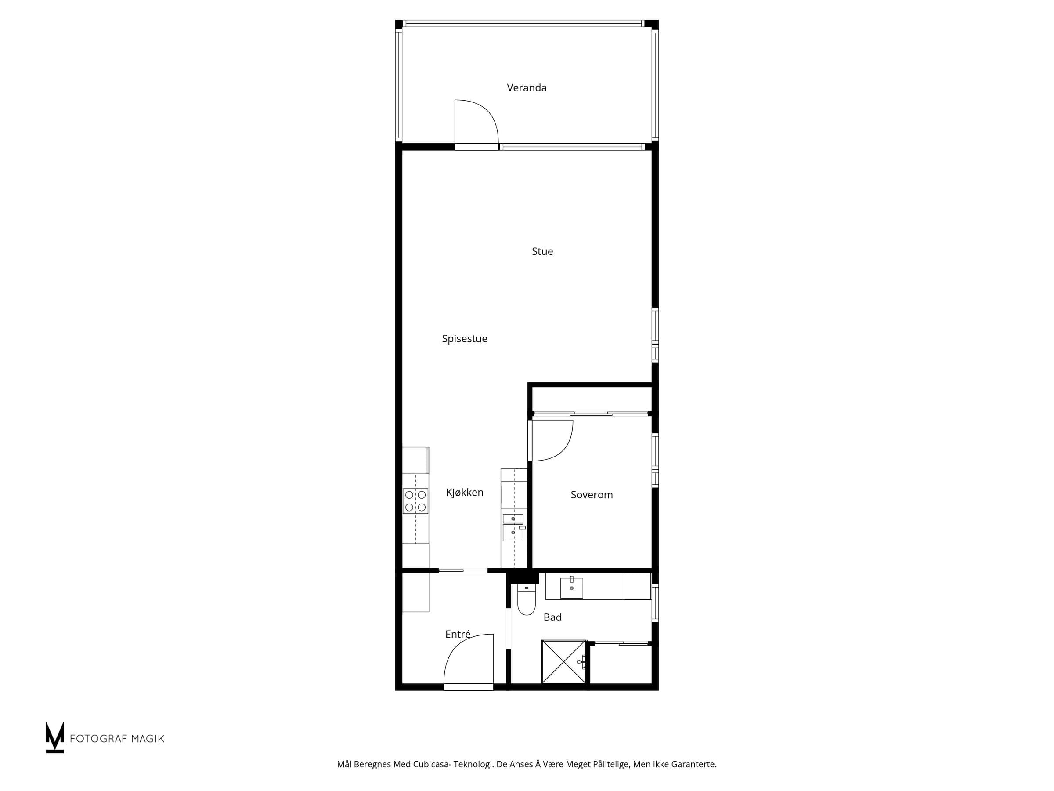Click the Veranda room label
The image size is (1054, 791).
coord(527,88)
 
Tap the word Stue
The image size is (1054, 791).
coord(542,251)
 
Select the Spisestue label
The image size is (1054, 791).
coord(465,339)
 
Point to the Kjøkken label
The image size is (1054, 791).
coord(465,493)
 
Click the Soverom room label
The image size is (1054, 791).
coord(592,495)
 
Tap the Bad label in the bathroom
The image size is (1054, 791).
coord(553,617)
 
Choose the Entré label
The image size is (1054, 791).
coord(458,634)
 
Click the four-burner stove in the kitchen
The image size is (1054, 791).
coord(415,501)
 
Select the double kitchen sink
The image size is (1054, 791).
coord(514,528)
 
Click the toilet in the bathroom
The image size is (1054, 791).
coord(527,599)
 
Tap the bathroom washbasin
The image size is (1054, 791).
coord(571,588)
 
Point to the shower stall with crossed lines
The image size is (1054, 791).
coord(564,662)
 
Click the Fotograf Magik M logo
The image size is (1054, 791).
coord(55,737)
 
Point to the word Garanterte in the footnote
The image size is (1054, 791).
coord(693,764)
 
